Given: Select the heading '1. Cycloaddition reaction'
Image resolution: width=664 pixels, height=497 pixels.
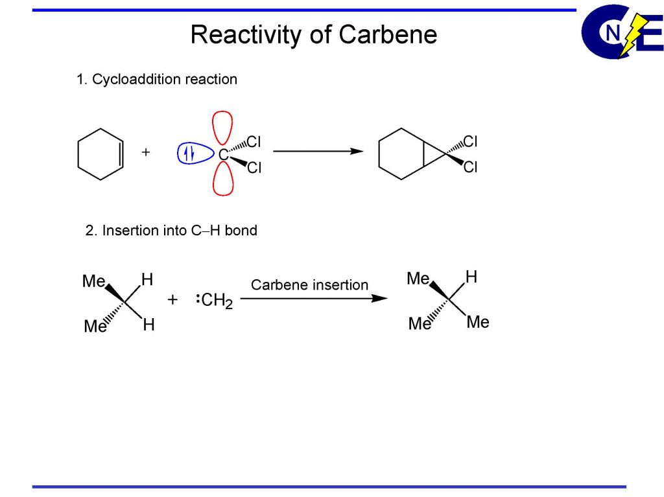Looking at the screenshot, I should click(156, 80).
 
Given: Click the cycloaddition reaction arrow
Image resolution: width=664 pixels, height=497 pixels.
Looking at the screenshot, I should click(317, 151).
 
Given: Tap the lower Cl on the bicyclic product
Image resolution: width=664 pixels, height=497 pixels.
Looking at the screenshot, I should click(470, 168).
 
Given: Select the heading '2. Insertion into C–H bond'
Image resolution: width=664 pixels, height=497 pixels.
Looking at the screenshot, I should click(171, 231).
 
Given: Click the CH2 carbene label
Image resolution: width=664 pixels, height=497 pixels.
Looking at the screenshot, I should click(217, 301).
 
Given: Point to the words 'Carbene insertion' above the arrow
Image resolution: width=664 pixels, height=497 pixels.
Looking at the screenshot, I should click(309, 284).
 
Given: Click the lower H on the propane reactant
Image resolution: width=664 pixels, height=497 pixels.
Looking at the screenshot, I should click(148, 325).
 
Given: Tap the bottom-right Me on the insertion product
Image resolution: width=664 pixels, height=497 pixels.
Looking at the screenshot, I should click(478, 322).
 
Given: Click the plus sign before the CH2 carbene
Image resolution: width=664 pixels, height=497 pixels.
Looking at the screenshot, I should click(172, 300).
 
